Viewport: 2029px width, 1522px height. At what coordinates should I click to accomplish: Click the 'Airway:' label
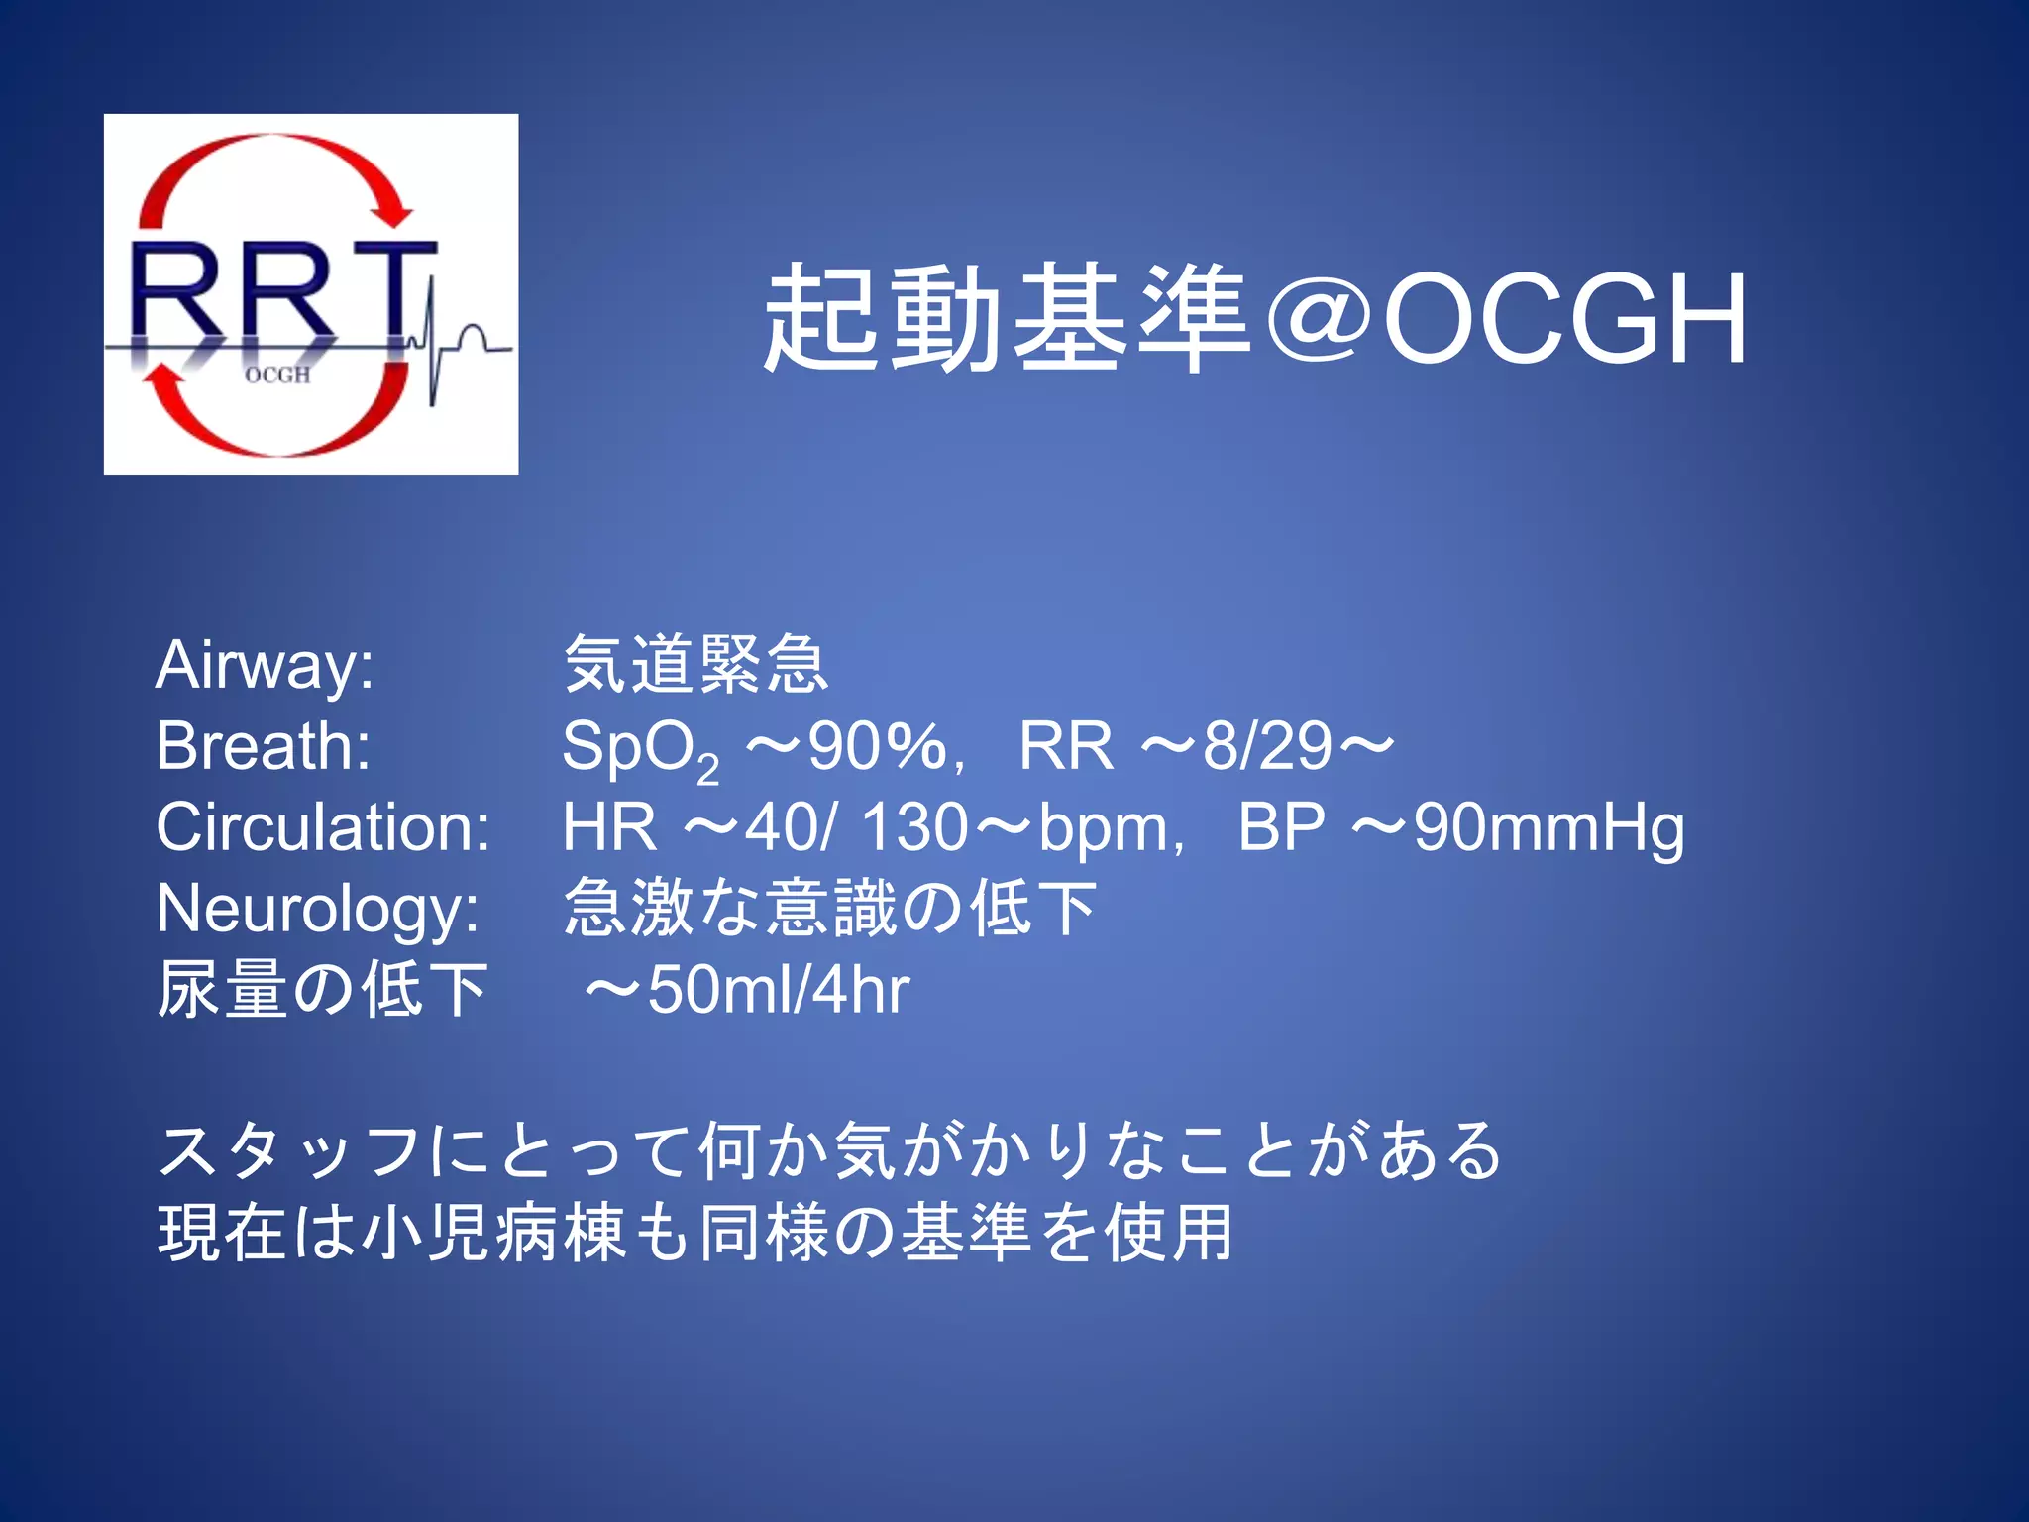coord(265,664)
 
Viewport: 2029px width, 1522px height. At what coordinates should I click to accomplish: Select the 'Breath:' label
coord(264,745)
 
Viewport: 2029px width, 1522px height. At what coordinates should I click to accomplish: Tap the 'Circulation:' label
coord(323,826)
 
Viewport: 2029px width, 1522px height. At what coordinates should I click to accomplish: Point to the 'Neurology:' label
coord(318,909)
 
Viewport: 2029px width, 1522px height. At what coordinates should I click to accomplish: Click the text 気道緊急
coord(695,664)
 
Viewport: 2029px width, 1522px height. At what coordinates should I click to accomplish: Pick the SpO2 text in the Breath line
coord(640,749)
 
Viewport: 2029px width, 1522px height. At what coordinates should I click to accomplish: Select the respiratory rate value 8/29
coord(1266,745)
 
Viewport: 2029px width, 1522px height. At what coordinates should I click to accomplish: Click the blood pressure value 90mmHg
coord(1548,828)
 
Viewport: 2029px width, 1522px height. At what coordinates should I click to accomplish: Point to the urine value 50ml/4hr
coord(778,990)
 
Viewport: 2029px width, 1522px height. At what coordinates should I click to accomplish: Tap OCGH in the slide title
coord(1564,319)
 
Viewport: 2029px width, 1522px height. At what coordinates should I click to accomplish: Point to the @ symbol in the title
coord(1319,319)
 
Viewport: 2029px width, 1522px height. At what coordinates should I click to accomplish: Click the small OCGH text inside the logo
coord(277,375)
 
